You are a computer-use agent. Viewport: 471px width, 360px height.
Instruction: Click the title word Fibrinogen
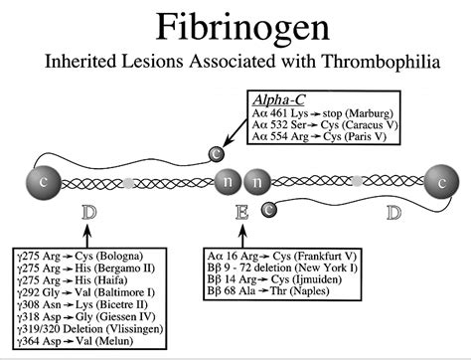[x=235, y=27]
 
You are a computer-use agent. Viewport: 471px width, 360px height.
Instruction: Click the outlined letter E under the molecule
[x=240, y=212]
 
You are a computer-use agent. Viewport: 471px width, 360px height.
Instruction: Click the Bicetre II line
[x=74, y=305]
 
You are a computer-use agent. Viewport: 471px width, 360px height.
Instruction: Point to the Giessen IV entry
[x=76, y=317]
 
